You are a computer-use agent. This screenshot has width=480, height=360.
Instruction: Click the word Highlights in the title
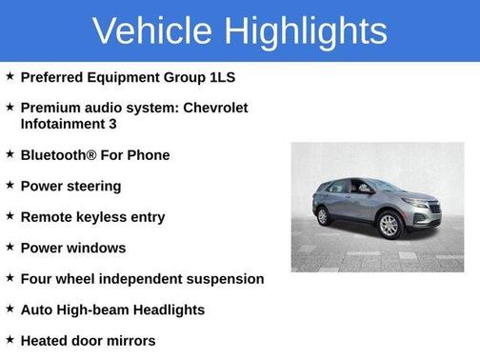308,30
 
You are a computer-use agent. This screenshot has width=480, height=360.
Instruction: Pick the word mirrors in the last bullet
129,340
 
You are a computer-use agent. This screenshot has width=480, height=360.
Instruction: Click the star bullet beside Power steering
10,185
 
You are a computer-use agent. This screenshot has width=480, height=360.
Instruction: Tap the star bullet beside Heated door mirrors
10,339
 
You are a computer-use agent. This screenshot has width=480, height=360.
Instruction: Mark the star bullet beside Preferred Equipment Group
10,76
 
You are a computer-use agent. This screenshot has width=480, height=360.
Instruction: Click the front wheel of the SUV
389,226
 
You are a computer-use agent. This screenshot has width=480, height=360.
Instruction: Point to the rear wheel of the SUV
323,216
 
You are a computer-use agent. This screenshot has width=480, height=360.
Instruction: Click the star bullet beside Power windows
10,247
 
